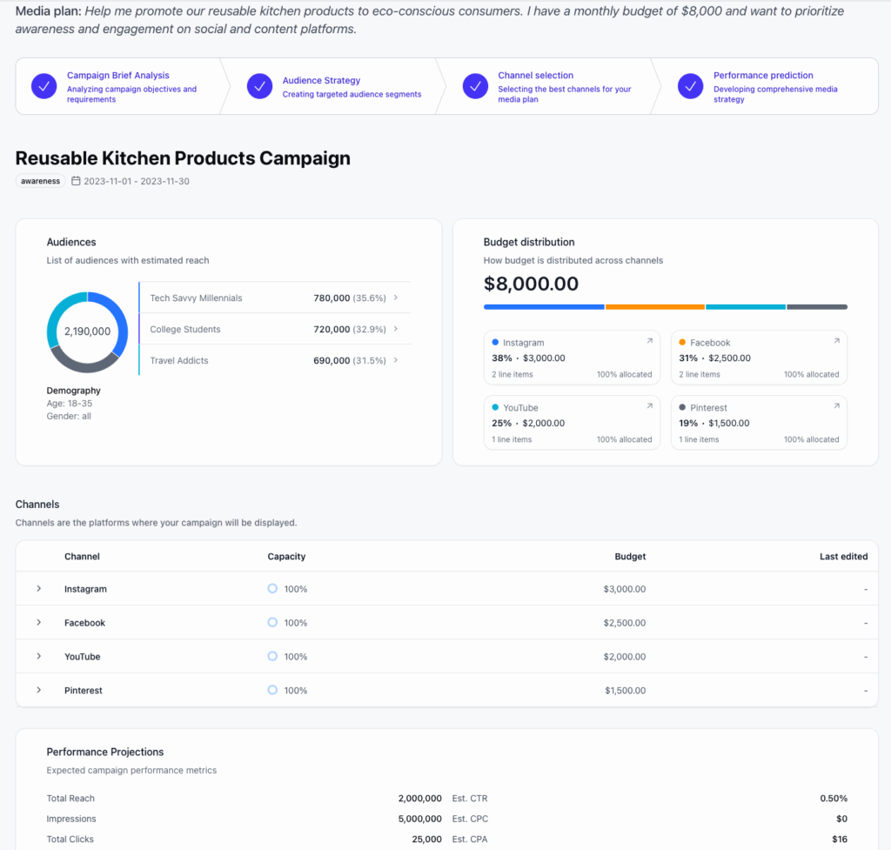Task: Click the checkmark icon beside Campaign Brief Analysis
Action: [x=44, y=86]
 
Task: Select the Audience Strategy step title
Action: [x=321, y=81]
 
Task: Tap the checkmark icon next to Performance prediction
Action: [x=690, y=86]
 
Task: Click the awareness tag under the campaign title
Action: [x=41, y=181]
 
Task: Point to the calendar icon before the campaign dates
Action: [x=76, y=181]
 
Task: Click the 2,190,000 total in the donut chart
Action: [x=87, y=331]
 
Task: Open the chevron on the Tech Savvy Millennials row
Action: [x=396, y=298]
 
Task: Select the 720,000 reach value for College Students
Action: [x=332, y=329]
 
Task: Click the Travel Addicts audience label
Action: [x=178, y=360]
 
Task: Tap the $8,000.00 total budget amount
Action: [x=531, y=284]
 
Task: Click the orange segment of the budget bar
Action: [x=654, y=307]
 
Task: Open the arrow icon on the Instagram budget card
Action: [x=649, y=341]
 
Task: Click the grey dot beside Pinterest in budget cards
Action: [x=682, y=407]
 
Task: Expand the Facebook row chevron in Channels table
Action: [x=39, y=622]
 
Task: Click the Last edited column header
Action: [x=843, y=556]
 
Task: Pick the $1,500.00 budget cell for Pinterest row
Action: [x=625, y=690]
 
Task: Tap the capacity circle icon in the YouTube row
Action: [x=272, y=656]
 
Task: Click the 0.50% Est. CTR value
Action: [x=833, y=798]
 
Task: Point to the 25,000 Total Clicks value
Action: [x=425, y=839]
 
